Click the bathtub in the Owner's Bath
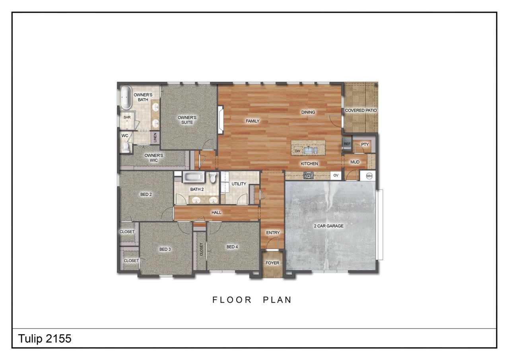pos(126,97)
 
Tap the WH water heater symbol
pos(369,175)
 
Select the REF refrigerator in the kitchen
pos(347,144)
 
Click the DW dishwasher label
pos(297,151)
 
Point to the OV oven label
pos(336,175)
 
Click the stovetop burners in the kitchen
pos(309,175)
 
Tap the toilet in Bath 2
pos(213,177)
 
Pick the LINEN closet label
pos(155,138)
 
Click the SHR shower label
pos(127,117)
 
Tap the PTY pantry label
pos(365,144)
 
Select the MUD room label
pos(355,162)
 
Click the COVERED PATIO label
pos(361,110)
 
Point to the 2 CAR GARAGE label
pos(328,226)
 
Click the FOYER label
pos(272,263)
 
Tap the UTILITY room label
pos(239,184)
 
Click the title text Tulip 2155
pos(45,339)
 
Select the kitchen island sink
pos(310,150)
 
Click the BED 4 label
pos(232,247)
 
